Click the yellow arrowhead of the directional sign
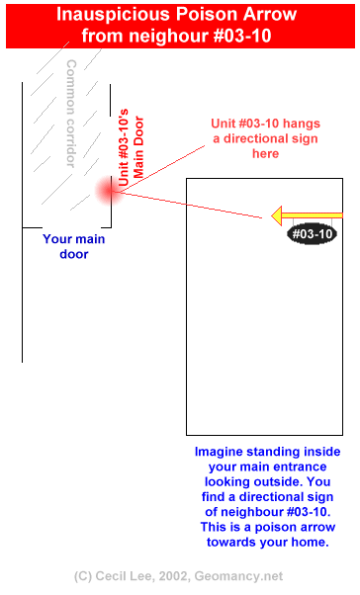click(277, 215)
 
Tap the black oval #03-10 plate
click(312, 233)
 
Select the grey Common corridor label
click(71, 114)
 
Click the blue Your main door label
click(73, 247)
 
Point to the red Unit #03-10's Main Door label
click(132, 147)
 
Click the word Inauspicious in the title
click(113, 15)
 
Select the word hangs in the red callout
click(302, 124)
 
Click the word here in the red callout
click(265, 153)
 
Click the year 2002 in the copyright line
click(173, 576)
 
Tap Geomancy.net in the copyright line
click(238, 576)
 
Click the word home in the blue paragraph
click(309, 542)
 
